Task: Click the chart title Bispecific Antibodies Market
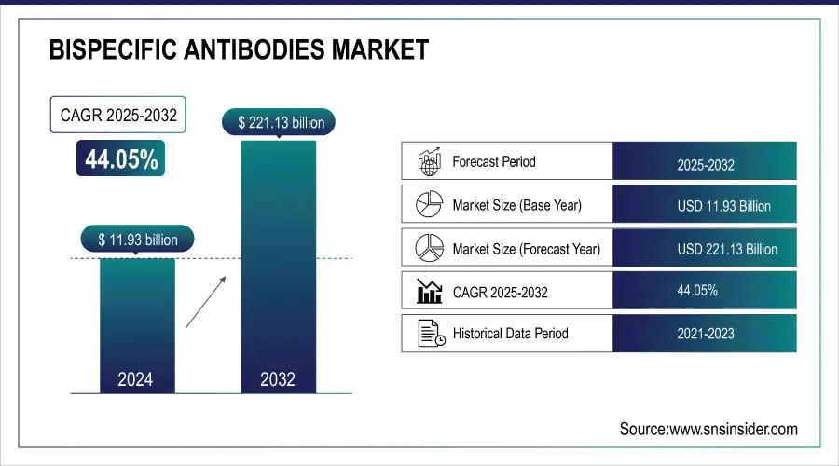click(239, 50)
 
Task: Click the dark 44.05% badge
click(121, 159)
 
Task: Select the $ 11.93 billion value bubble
click(137, 240)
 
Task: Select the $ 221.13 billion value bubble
click(278, 122)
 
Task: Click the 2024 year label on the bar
click(136, 379)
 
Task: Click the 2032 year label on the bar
click(278, 379)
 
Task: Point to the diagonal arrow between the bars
click(204, 300)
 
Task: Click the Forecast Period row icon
click(428, 161)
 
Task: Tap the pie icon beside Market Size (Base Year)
click(428, 204)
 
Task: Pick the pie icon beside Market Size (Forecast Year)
click(428, 248)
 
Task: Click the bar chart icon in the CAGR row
click(428, 292)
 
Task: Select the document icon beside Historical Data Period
click(428, 334)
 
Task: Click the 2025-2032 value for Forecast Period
click(705, 165)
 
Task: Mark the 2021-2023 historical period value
click(705, 332)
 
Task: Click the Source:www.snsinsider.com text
click(708, 429)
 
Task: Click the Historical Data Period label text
click(510, 334)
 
